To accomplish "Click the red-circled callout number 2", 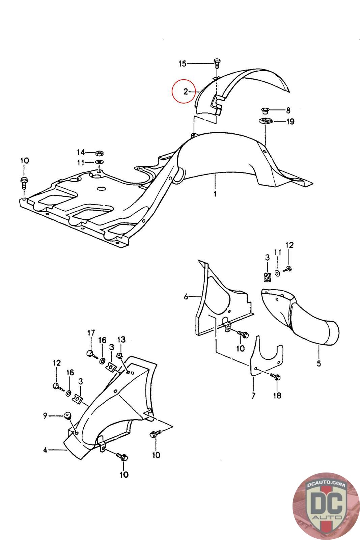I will (185, 91).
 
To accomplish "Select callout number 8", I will (288, 110).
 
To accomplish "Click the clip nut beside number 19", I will (266, 122).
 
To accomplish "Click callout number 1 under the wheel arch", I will (215, 194).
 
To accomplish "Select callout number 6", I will (186, 297).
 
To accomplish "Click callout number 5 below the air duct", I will (319, 363).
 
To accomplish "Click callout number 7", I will (253, 395).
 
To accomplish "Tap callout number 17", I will (91, 333).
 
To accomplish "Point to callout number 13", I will (121, 339).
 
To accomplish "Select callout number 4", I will (45, 450).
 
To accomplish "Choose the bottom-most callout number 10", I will (124, 475).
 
